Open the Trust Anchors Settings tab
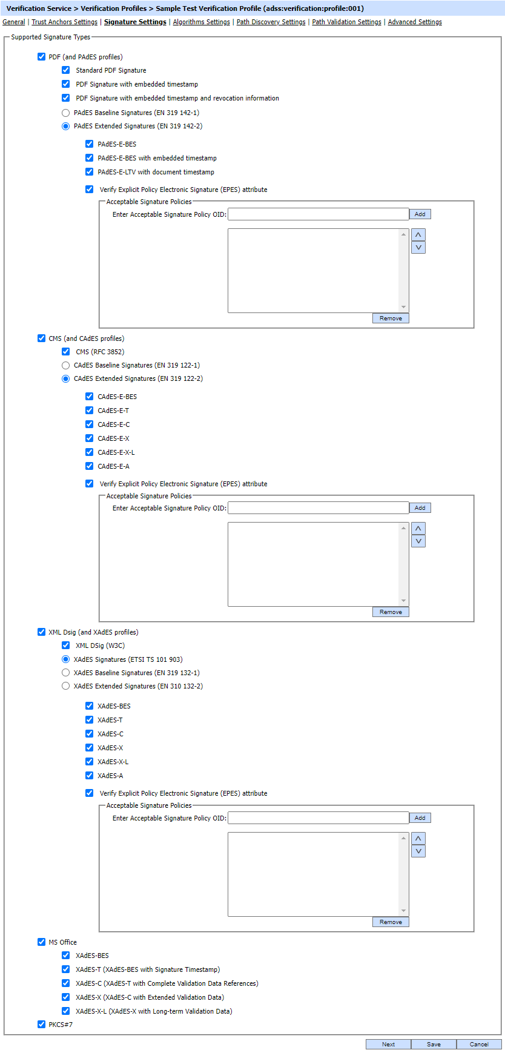click(x=64, y=22)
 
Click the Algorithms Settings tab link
click(x=202, y=22)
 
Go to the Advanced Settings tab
click(x=415, y=22)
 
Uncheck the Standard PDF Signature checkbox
click(x=66, y=70)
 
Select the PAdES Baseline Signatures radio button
click(x=66, y=113)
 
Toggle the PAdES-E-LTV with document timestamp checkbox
click(x=90, y=172)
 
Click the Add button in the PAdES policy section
click(x=420, y=214)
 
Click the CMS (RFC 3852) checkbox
click(x=66, y=352)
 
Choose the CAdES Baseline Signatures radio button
click(x=66, y=365)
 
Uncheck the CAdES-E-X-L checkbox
click(x=90, y=452)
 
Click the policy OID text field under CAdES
click(x=319, y=508)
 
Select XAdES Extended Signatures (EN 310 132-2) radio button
click(x=66, y=686)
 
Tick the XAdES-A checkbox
click(x=90, y=776)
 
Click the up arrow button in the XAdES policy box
click(x=418, y=839)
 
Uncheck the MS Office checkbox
click(x=41, y=942)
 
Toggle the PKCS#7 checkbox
click(x=41, y=1025)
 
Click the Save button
click(x=434, y=1045)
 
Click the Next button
click(x=389, y=1045)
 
